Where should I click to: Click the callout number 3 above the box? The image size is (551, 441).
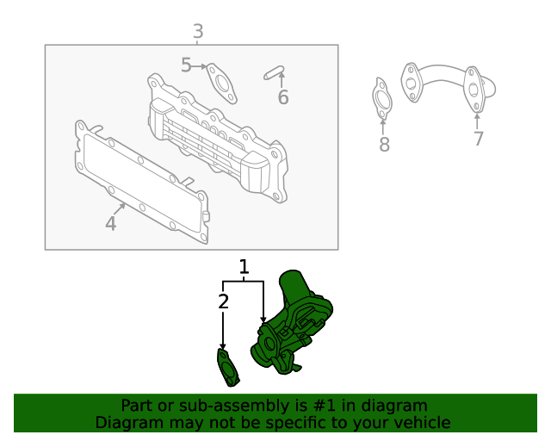click(198, 33)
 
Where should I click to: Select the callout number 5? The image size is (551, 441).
click(187, 65)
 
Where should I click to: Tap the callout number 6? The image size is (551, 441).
click(283, 97)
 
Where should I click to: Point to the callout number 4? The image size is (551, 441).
click(110, 224)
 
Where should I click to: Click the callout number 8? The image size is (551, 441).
click(384, 144)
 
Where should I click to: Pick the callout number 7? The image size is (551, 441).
click(479, 139)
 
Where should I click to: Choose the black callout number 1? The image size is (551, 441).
click(244, 267)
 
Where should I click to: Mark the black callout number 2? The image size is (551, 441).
click(223, 301)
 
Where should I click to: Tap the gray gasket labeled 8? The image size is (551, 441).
click(382, 98)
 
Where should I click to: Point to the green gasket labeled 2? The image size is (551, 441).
click(227, 368)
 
